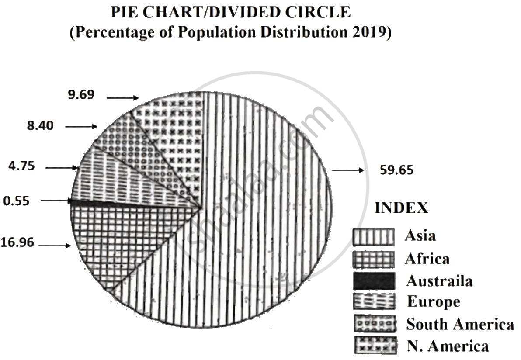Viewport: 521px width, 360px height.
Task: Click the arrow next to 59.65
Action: [348, 170]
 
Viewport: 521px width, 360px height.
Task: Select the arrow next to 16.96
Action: [55, 246]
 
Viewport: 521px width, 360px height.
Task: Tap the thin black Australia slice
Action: [131, 204]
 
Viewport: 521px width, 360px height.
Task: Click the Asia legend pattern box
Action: [373, 237]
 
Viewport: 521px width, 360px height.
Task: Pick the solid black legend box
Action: [373, 280]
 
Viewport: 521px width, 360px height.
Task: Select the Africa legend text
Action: [427, 259]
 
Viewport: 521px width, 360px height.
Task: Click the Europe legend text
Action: [433, 302]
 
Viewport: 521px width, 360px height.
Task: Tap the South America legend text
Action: [460, 324]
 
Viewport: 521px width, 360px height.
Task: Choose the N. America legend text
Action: [447, 346]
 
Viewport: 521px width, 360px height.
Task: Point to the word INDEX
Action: [401, 208]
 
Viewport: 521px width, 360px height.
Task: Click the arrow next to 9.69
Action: [123, 98]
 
